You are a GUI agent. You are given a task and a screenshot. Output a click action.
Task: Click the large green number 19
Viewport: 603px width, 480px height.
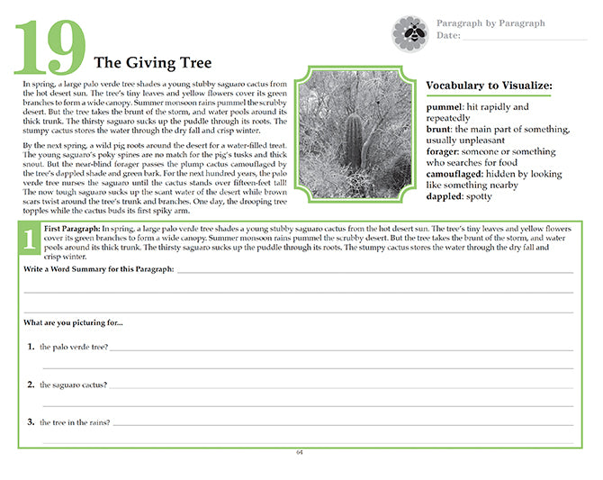coord(50,47)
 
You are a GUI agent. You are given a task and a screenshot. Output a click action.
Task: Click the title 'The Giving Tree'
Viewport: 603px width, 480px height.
coord(153,62)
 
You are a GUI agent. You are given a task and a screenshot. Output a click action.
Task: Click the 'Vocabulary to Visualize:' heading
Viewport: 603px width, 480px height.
coord(489,86)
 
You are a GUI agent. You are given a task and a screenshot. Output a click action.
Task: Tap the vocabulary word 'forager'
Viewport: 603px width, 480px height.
coord(446,152)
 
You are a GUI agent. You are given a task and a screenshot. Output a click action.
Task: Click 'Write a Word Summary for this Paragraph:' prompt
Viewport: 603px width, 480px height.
coord(99,270)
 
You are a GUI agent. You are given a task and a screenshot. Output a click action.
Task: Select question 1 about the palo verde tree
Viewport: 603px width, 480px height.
coord(74,347)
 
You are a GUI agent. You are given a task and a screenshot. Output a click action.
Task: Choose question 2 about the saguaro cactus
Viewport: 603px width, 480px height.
coord(74,385)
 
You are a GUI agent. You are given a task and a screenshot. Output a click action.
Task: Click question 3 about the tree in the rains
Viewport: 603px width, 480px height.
coord(75,421)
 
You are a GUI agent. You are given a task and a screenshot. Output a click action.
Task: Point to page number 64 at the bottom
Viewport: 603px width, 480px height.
coord(300,452)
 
